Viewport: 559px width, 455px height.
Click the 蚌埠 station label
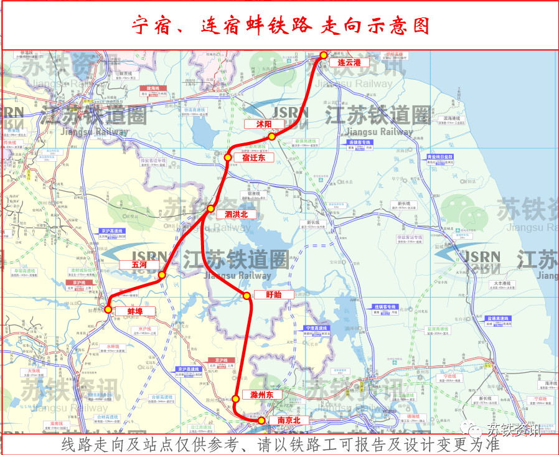click(135, 311)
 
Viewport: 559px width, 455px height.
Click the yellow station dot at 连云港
click(324, 56)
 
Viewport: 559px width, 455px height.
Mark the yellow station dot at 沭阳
click(271, 136)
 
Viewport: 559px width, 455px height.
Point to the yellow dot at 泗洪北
click(211, 209)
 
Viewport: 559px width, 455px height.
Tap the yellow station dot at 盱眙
click(247, 295)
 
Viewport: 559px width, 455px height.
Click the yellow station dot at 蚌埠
click(108, 309)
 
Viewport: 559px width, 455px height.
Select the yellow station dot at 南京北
click(261, 421)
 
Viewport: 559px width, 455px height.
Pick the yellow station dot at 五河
click(162, 274)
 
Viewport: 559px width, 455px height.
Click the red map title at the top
click(280, 26)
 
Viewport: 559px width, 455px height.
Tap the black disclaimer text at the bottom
click(280, 445)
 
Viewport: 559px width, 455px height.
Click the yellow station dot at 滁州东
click(236, 398)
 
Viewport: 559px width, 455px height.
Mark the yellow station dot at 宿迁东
click(228, 158)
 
